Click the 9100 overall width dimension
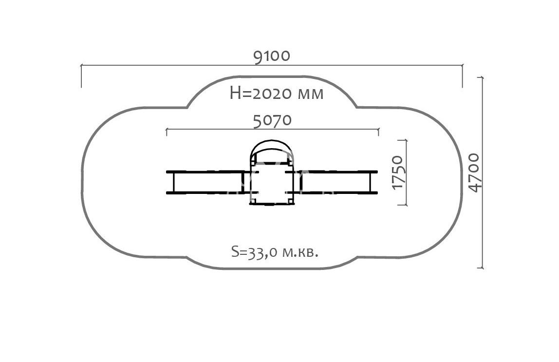272,56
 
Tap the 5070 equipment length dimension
272,121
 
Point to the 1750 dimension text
397,172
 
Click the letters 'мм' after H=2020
310,95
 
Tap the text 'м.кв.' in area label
300,252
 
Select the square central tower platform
272,183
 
